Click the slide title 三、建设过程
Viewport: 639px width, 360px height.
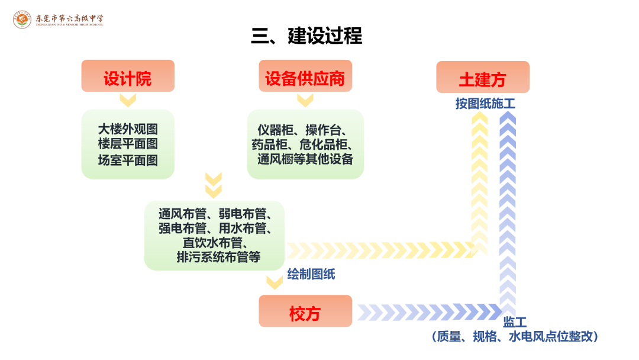click(306, 36)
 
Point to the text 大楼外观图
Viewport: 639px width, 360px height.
click(128, 128)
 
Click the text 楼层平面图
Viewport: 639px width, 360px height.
click(128, 144)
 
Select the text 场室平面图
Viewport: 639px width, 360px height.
click(128, 159)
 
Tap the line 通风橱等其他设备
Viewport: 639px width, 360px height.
click(305, 159)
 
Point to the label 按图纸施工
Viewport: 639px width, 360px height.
click(485, 104)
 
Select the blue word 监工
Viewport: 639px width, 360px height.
click(515, 323)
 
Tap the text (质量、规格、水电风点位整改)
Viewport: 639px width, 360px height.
click(515, 337)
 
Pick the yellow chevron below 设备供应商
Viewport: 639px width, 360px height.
click(305, 99)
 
